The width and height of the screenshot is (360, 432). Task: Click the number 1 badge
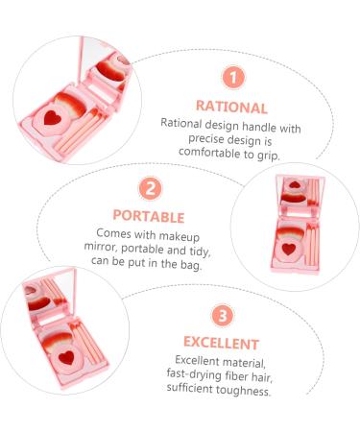coord(233,78)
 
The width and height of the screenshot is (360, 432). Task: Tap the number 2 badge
coord(150,189)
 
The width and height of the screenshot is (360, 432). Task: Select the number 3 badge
coord(223,316)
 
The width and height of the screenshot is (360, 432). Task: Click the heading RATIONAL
coord(231,107)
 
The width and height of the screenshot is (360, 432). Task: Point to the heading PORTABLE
coord(149,216)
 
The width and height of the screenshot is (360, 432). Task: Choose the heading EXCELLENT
coord(221,343)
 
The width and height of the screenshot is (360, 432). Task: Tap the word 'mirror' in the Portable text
coord(101,248)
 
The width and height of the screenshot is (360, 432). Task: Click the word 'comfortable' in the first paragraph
coord(209,153)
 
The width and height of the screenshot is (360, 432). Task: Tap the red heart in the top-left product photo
coord(52,118)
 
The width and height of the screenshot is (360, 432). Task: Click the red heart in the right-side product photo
coord(289,249)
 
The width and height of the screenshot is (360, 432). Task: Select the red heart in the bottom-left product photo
coord(67,357)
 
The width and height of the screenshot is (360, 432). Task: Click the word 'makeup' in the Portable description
coord(180,237)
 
